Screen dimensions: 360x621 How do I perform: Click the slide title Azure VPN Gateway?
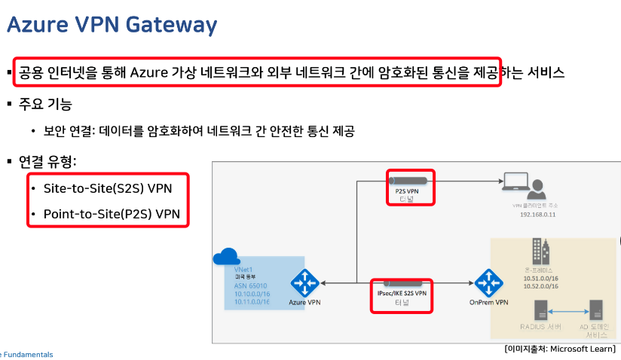click(112, 26)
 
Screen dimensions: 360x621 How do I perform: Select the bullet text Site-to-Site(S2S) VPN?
click(106, 188)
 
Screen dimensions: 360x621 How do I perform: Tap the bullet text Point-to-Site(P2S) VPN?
click(112, 214)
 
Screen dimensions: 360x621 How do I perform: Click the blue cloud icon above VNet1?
click(225, 257)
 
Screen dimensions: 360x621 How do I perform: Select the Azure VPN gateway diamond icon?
click(306, 283)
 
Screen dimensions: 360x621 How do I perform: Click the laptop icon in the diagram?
click(515, 182)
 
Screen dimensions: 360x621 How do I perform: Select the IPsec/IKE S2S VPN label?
click(402, 293)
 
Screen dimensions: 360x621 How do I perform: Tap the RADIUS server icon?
click(540, 310)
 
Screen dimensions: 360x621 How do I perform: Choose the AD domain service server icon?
click(596, 310)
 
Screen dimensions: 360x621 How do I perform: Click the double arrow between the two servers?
click(568, 310)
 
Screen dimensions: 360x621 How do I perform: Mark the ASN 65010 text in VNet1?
click(251, 285)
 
